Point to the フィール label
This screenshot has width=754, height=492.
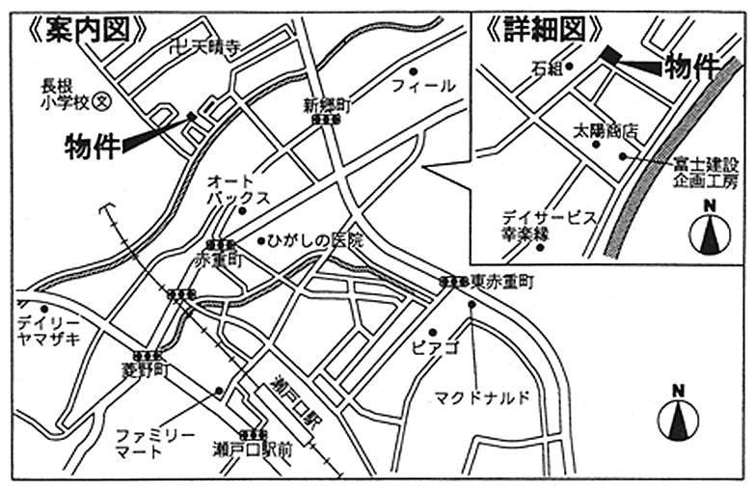click(x=423, y=86)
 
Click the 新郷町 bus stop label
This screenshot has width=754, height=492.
click(x=324, y=104)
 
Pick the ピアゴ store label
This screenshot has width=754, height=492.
click(x=433, y=346)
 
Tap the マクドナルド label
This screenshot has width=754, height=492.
click(x=482, y=397)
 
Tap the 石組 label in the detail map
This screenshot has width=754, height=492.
click(x=546, y=68)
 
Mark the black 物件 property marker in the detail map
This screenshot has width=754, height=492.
click(x=609, y=54)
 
